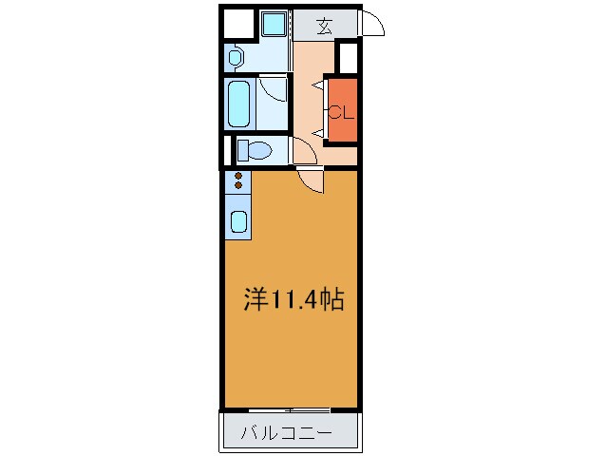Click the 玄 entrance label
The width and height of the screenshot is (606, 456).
pyautogui.click(x=325, y=26)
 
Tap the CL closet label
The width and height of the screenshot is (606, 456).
pyautogui.click(x=341, y=111)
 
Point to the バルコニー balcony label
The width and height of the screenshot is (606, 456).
pyautogui.click(x=286, y=434)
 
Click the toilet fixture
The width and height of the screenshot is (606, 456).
pyautogui.click(x=255, y=150)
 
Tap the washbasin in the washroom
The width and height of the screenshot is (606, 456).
pyautogui.click(x=236, y=57)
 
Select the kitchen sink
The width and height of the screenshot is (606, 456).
pyautogui.click(x=238, y=223)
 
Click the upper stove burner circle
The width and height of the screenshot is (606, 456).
pyautogui.click(x=237, y=175)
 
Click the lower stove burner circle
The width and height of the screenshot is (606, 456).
pyautogui.click(x=237, y=185)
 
